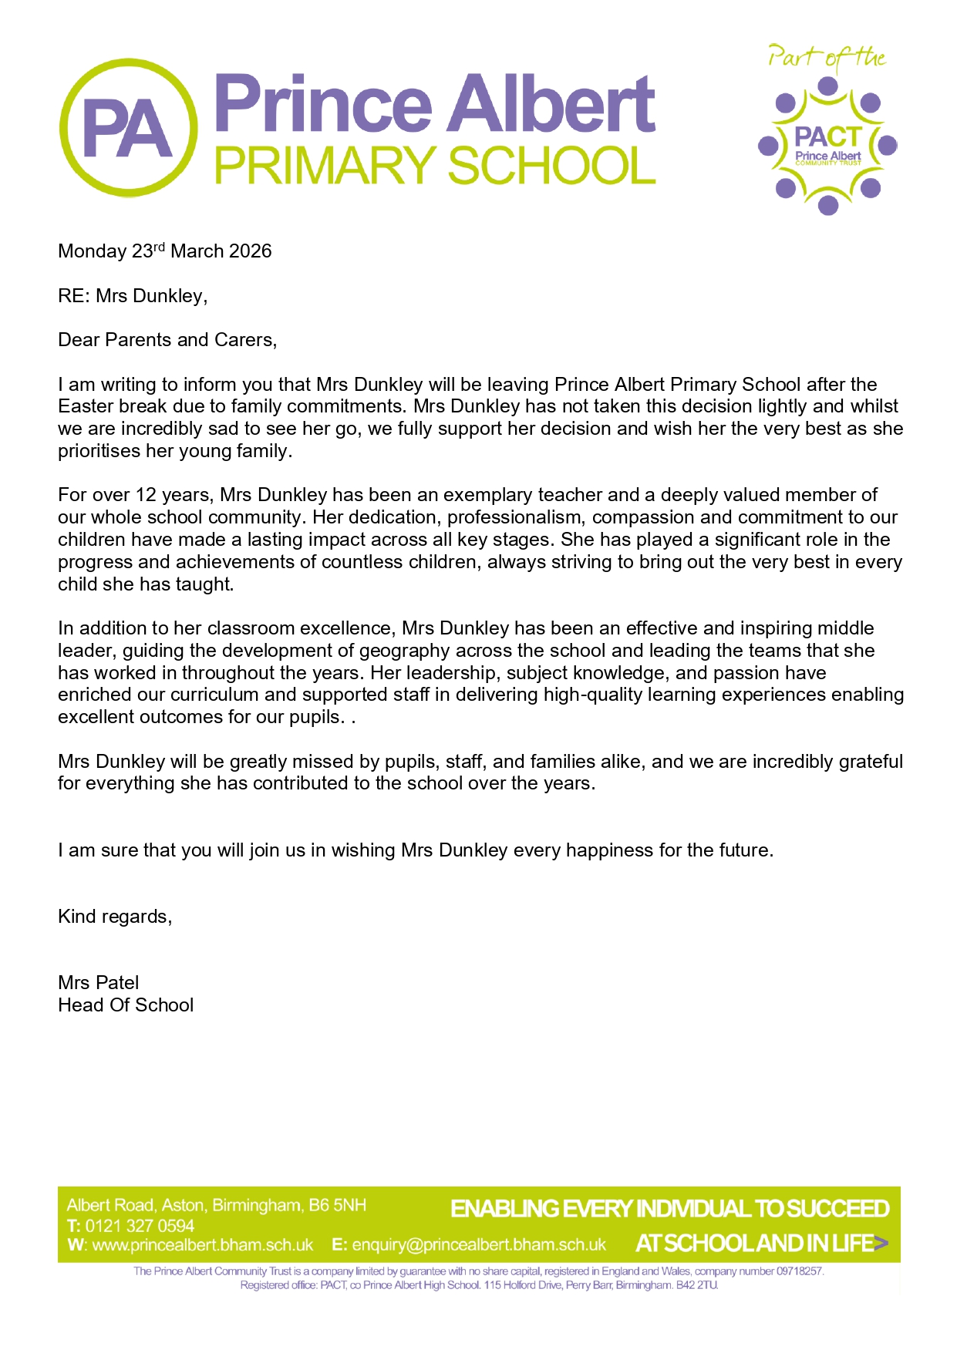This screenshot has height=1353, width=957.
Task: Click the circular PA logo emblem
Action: pos(129,128)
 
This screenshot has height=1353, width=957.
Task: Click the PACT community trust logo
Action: pos(827,146)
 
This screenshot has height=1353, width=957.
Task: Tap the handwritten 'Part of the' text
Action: pos(826,58)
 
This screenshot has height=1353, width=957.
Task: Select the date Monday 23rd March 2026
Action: pos(164,251)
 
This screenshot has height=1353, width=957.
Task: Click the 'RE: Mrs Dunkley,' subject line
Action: pos(133,296)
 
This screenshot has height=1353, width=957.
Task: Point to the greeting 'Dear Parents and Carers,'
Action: pos(167,340)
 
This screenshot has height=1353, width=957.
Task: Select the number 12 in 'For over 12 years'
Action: pos(147,495)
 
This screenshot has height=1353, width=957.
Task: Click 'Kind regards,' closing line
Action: pos(115,917)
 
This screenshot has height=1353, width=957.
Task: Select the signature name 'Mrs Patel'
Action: pos(99,983)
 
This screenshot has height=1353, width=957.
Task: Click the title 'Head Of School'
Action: pos(126,1005)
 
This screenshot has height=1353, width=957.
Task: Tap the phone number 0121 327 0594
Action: pos(140,1226)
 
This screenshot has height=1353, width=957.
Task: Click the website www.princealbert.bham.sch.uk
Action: pos(202,1245)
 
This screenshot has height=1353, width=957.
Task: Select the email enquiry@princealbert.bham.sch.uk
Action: pos(479,1245)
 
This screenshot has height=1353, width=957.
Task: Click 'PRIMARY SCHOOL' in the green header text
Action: pos(434,166)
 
